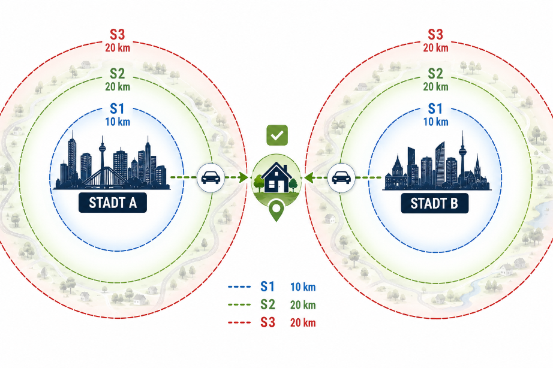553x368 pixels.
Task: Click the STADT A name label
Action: [113, 203]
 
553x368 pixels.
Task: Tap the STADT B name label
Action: [434, 203]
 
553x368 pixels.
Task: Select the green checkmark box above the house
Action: [277, 135]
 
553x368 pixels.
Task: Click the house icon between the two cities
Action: [276, 177]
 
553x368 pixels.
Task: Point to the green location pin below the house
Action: [276, 210]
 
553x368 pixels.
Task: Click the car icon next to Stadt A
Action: [211, 177]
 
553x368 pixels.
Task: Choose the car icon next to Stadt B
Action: [341, 177]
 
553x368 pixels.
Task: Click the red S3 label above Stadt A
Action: [118, 35]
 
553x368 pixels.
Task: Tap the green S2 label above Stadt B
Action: [435, 73]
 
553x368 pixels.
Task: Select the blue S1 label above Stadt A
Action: [118, 108]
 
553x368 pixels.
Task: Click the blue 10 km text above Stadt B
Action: [435, 122]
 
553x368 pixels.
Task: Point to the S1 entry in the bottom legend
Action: [268, 286]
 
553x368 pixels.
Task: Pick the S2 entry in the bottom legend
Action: [268, 304]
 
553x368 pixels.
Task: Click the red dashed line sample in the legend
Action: [239, 322]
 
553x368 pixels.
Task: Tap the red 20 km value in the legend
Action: [303, 322]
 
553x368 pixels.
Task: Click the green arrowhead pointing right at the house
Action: [244, 177]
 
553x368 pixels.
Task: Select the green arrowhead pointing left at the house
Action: [309, 177]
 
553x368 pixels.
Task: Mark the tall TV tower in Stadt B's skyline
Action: [462, 159]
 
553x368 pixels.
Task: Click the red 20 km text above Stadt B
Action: [435, 47]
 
